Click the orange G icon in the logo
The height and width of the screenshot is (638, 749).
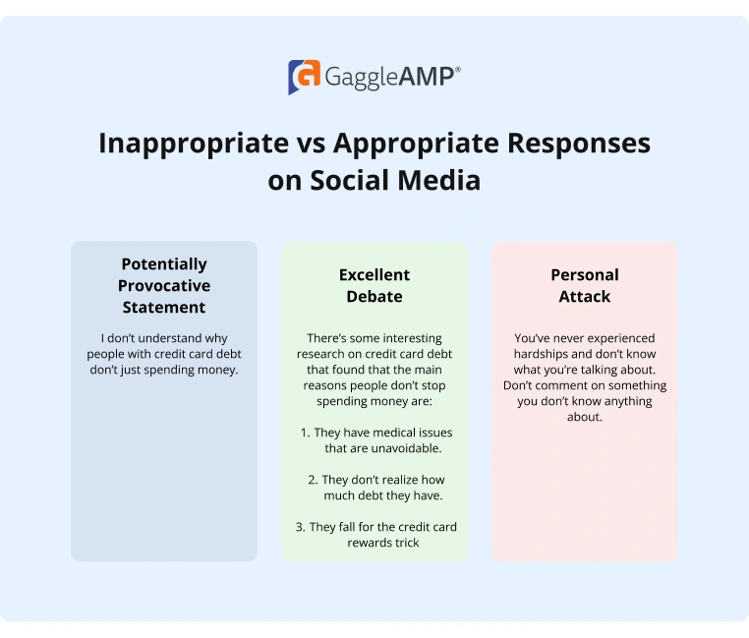[x=304, y=77]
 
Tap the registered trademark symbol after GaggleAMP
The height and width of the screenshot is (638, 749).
[x=457, y=70]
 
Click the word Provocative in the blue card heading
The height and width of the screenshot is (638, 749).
[x=164, y=285]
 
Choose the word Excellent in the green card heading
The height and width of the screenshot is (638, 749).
[x=374, y=274]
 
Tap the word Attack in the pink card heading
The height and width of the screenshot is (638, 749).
[x=585, y=296]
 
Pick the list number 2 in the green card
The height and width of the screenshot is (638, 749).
[x=312, y=480]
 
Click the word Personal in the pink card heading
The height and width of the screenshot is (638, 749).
[x=585, y=274]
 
